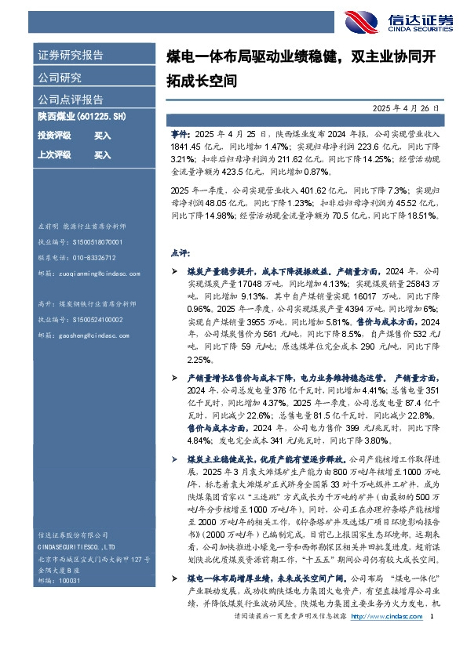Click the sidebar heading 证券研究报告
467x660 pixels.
click(71, 56)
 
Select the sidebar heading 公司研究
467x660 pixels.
click(60, 78)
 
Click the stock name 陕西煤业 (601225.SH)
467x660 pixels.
click(82, 117)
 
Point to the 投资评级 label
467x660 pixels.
click(54, 136)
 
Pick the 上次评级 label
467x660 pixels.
click(54, 155)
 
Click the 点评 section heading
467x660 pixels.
click(179, 253)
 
